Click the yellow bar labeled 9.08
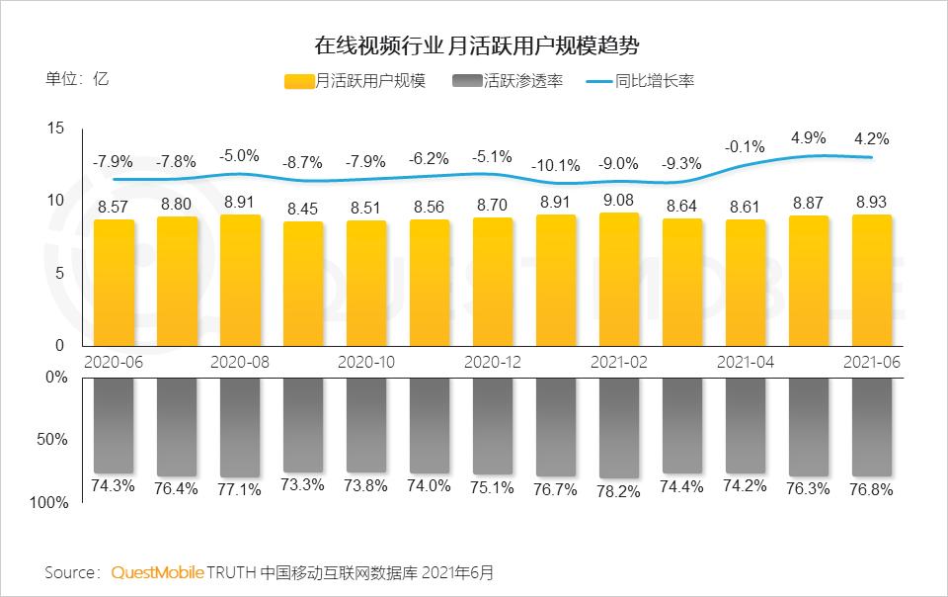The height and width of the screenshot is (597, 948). (619, 282)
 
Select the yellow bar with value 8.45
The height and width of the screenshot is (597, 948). (303, 287)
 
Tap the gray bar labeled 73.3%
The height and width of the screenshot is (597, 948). (303, 423)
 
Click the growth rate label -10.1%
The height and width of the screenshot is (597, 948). (556, 165)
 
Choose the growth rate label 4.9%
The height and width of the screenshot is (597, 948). (809, 136)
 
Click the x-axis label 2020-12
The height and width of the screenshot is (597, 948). (492, 362)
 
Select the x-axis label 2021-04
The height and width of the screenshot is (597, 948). (745, 362)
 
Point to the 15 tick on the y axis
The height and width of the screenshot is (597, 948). (54, 128)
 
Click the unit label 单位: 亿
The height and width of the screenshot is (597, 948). (77, 80)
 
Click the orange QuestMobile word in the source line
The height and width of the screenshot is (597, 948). (158, 572)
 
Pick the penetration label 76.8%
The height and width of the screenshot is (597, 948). (872, 488)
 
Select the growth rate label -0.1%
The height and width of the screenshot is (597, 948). (746, 146)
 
